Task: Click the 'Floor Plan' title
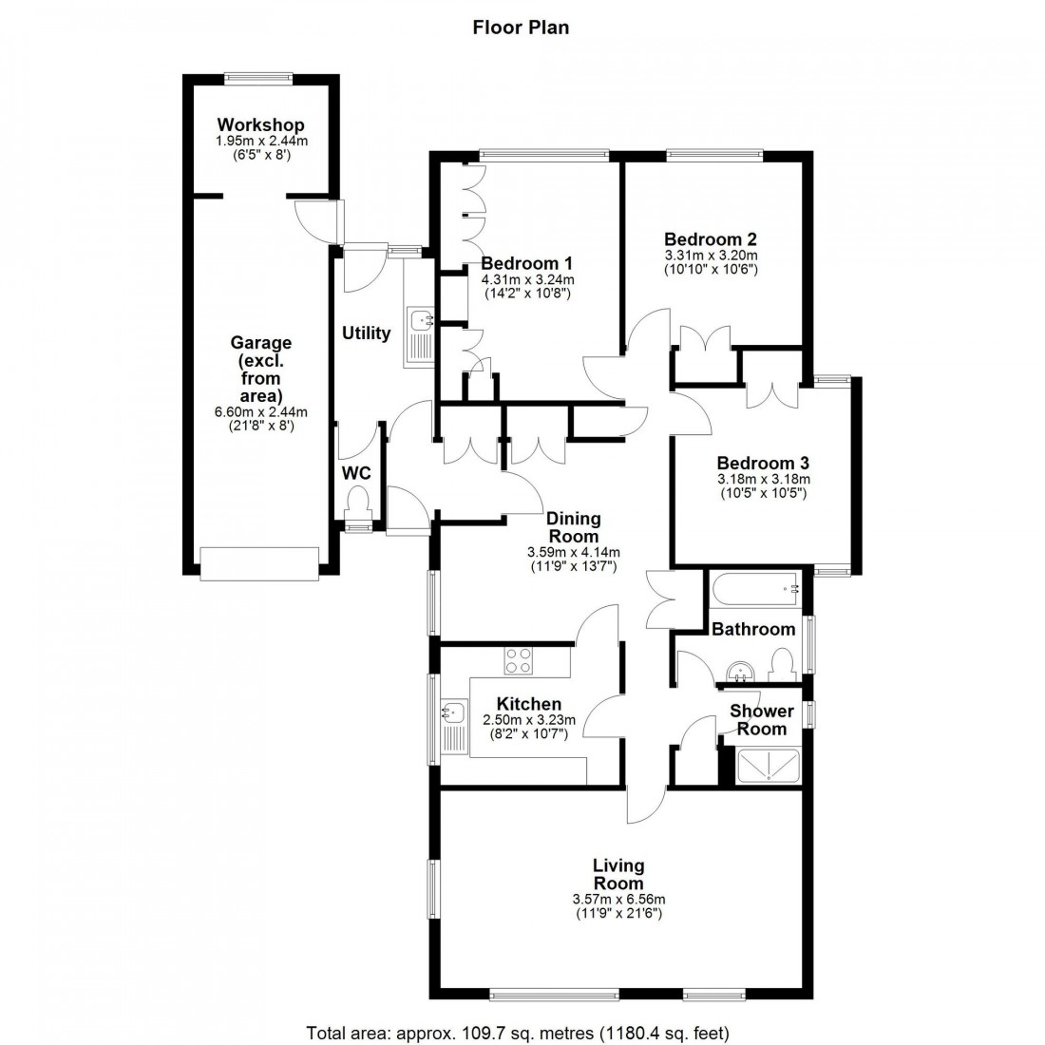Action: click(522, 28)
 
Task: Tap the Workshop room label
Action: click(260, 125)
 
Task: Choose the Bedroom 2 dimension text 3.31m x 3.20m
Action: click(711, 256)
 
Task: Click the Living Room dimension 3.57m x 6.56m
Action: click(618, 900)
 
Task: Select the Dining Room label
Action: click(574, 527)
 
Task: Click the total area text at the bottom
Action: click(518, 1032)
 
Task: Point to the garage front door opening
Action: click(258, 563)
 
